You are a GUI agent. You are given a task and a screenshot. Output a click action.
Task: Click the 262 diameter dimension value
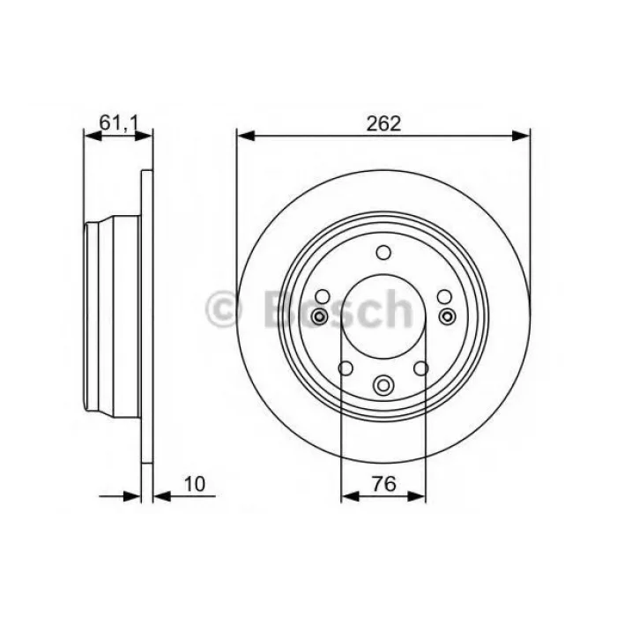[x=383, y=123]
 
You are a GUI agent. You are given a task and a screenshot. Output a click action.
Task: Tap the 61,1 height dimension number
[x=118, y=123]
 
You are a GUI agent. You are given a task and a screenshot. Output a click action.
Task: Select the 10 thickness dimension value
[x=195, y=484]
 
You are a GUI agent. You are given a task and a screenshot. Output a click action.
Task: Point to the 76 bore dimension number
[x=383, y=484]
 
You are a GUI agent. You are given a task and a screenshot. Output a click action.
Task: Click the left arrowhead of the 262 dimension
[x=246, y=136]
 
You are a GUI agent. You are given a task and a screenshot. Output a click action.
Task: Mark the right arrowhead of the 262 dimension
[x=521, y=136]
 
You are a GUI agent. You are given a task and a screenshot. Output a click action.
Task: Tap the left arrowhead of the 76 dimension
[x=350, y=496]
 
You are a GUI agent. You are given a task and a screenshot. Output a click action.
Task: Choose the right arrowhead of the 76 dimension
[x=417, y=496]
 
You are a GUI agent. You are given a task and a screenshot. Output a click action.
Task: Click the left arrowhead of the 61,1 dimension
[x=93, y=136]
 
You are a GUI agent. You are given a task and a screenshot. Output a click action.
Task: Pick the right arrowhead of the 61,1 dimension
[x=143, y=136]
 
